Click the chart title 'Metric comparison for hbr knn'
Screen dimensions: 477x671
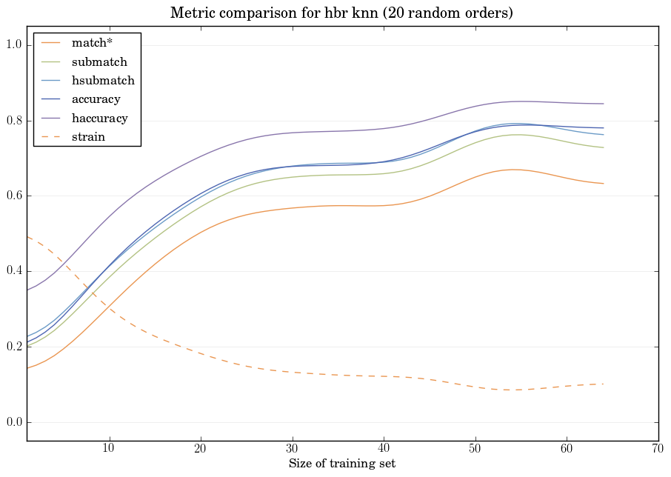point(341,13)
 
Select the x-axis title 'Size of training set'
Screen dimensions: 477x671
point(341,464)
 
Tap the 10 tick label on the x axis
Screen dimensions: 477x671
point(109,449)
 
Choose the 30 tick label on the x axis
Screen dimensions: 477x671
point(292,449)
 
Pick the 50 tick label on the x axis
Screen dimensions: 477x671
point(475,449)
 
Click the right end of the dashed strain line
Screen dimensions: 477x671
point(604,384)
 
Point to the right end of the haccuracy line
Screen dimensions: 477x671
point(604,104)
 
